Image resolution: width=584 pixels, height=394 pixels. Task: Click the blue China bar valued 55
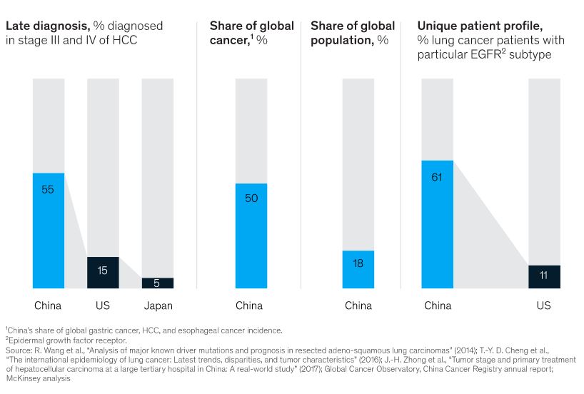point(49,231)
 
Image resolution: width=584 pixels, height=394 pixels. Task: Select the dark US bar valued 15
point(103,273)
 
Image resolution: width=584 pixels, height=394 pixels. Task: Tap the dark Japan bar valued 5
point(158,283)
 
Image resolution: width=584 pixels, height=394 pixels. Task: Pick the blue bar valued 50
point(251,236)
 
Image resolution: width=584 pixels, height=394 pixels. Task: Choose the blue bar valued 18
point(358,269)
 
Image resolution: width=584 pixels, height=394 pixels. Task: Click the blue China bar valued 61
point(438,224)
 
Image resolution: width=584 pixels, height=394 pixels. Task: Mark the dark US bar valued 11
point(544,277)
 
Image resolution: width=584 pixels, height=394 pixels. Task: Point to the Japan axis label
point(158,306)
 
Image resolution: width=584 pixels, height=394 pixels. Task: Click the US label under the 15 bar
point(103,306)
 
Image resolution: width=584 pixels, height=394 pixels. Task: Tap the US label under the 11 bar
point(544,306)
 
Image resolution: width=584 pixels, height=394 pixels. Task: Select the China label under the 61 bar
point(438,306)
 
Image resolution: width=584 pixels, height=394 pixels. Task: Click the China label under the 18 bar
point(358,306)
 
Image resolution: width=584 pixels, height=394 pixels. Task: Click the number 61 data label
point(438,177)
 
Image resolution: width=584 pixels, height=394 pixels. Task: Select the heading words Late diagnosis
point(47,26)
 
